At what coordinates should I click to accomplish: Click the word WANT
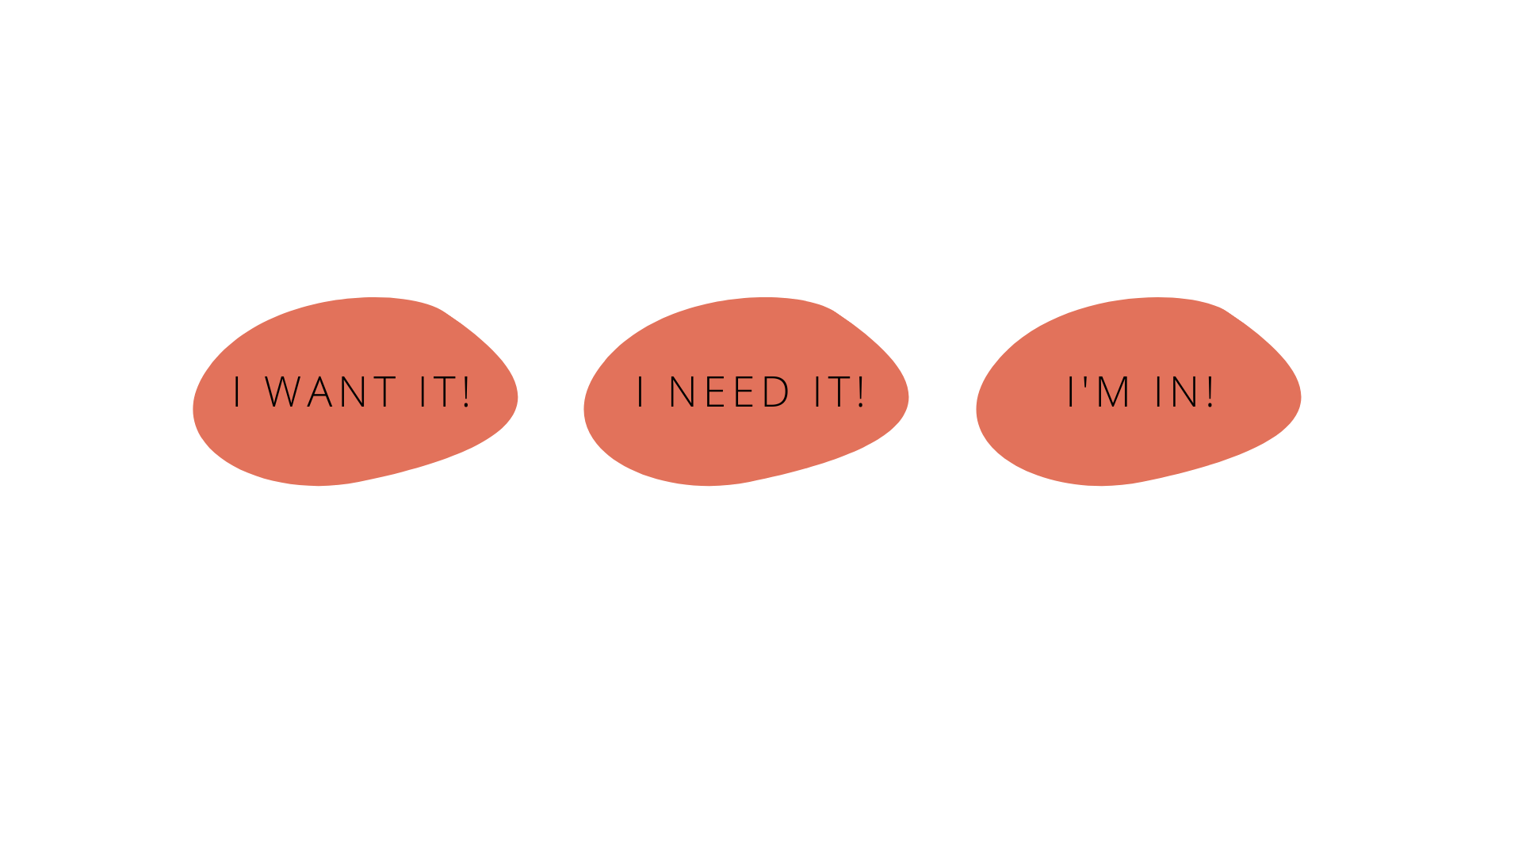[x=331, y=392]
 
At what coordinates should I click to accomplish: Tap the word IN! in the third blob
[x=1184, y=392]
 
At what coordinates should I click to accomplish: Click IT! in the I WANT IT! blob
[x=445, y=392]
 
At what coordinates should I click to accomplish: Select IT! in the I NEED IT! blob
[x=839, y=392]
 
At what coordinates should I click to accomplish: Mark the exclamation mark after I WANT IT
[x=465, y=392]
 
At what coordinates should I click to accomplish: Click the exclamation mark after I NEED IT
[x=860, y=392]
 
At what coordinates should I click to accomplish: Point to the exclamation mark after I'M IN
[x=1210, y=392]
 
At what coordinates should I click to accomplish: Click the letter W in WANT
[x=284, y=392]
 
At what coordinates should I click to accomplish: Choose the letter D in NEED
[x=776, y=392]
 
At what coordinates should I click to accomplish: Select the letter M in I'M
[x=1113, y=392]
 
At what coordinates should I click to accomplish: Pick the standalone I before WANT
[x=237, y=392]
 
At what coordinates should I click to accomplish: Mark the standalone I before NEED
[x=641, y=392]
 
